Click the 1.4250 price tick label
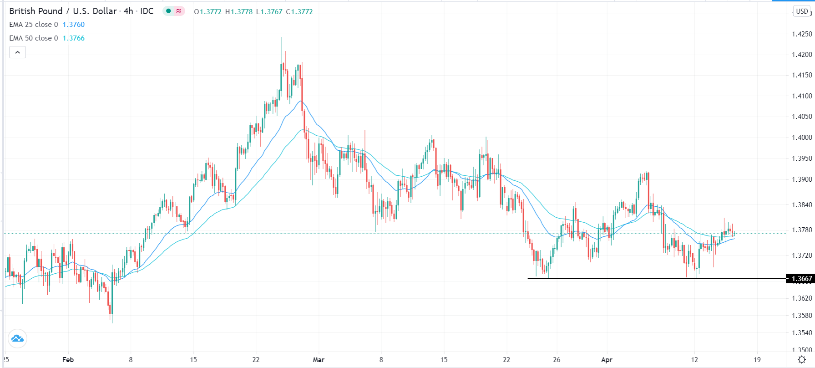pyautogui.click(x=802, y=34)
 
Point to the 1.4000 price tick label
pyautogui.click(x=802, y=138)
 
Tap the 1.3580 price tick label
pyautogui.click(x=802, y=316)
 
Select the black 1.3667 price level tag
pyautogui.click(x=801, y=279)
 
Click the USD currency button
pyautogui.click(x=802, y=11)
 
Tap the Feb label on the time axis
pyautogui.click(x=68, y=360)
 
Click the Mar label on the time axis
pyautogui.click(x=319, y=360)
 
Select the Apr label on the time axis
pyautogui.click(x=607, y=360)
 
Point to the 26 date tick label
pyautogui.click(x=557, y=360)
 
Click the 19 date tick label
pyautogui.click(x=757, y=360)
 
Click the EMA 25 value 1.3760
pyautogui.click(x=74, y=25)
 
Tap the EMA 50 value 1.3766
pyautogui.click(x=74, y=38)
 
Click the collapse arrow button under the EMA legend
pyautogui.click(x=17, y=52)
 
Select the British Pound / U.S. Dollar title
pyautogui.click(x=63, y=11)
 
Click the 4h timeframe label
pyautogui.click(x=128, y=11)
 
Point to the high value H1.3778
pyautogui.click(x=239, y=12)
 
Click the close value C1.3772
pyautogui.click(x=299, y=12)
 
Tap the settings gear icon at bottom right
pyautogui.click(x=802, y=360)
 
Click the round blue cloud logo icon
pyautogui.click(x=17, y=338)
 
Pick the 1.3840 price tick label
pyautogui.click(x=802, y=205)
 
